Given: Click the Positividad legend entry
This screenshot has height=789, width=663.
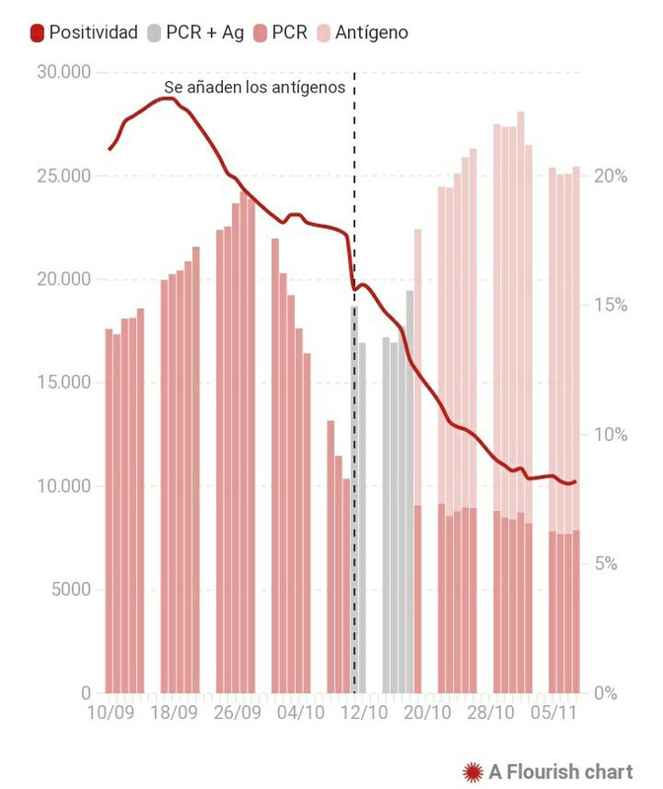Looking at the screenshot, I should tap(84, 33).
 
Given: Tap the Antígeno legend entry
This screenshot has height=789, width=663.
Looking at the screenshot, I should tap(362, 33).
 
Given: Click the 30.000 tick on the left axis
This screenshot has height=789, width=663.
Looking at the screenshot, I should tap(61, 72).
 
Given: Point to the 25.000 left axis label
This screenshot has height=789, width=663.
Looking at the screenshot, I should tap(61, 176).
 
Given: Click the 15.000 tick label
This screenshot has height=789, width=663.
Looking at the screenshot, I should tap(61, 383).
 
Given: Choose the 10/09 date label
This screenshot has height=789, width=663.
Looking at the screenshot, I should tap(110, 712).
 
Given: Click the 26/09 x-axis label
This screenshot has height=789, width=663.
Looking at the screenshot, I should tap(237, 712).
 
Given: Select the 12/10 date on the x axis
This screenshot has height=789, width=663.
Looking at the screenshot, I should tap(363, 712).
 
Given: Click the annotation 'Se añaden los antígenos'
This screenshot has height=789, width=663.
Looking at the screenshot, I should tap(255, 87).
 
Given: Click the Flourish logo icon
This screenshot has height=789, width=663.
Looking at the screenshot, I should tap(474, 771).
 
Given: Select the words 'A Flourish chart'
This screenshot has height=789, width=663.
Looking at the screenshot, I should tap(560, 771).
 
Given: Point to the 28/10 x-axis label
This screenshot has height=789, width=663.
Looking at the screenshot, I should tap(490, 712).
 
